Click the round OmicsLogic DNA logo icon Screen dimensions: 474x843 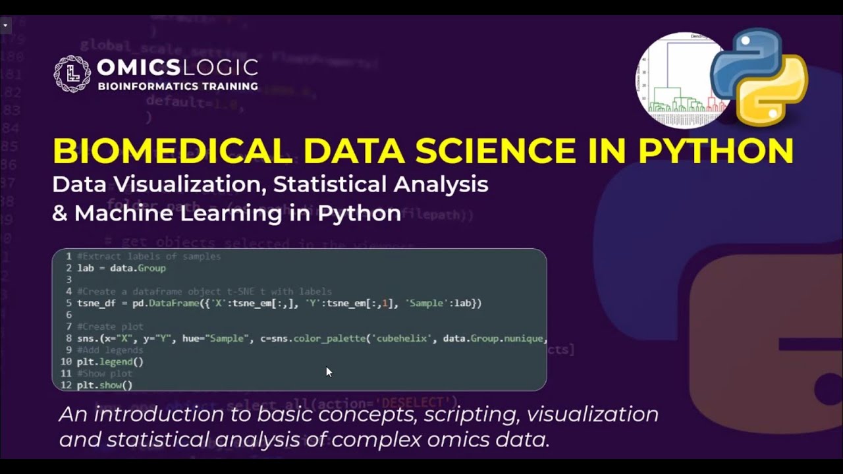point(72,74)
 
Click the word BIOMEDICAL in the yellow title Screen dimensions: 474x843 point(173,151)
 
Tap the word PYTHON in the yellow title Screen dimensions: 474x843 point(716,151)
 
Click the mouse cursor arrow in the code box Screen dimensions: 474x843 point(329,372)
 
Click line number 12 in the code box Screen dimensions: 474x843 point(66,385)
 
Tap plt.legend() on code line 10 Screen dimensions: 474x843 point(110,361)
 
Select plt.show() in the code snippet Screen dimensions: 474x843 point(105,385)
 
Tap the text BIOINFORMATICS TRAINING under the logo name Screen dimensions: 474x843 point(178,86)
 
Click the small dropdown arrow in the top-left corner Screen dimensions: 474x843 point(5,26)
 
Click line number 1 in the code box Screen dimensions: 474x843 point(68,256)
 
